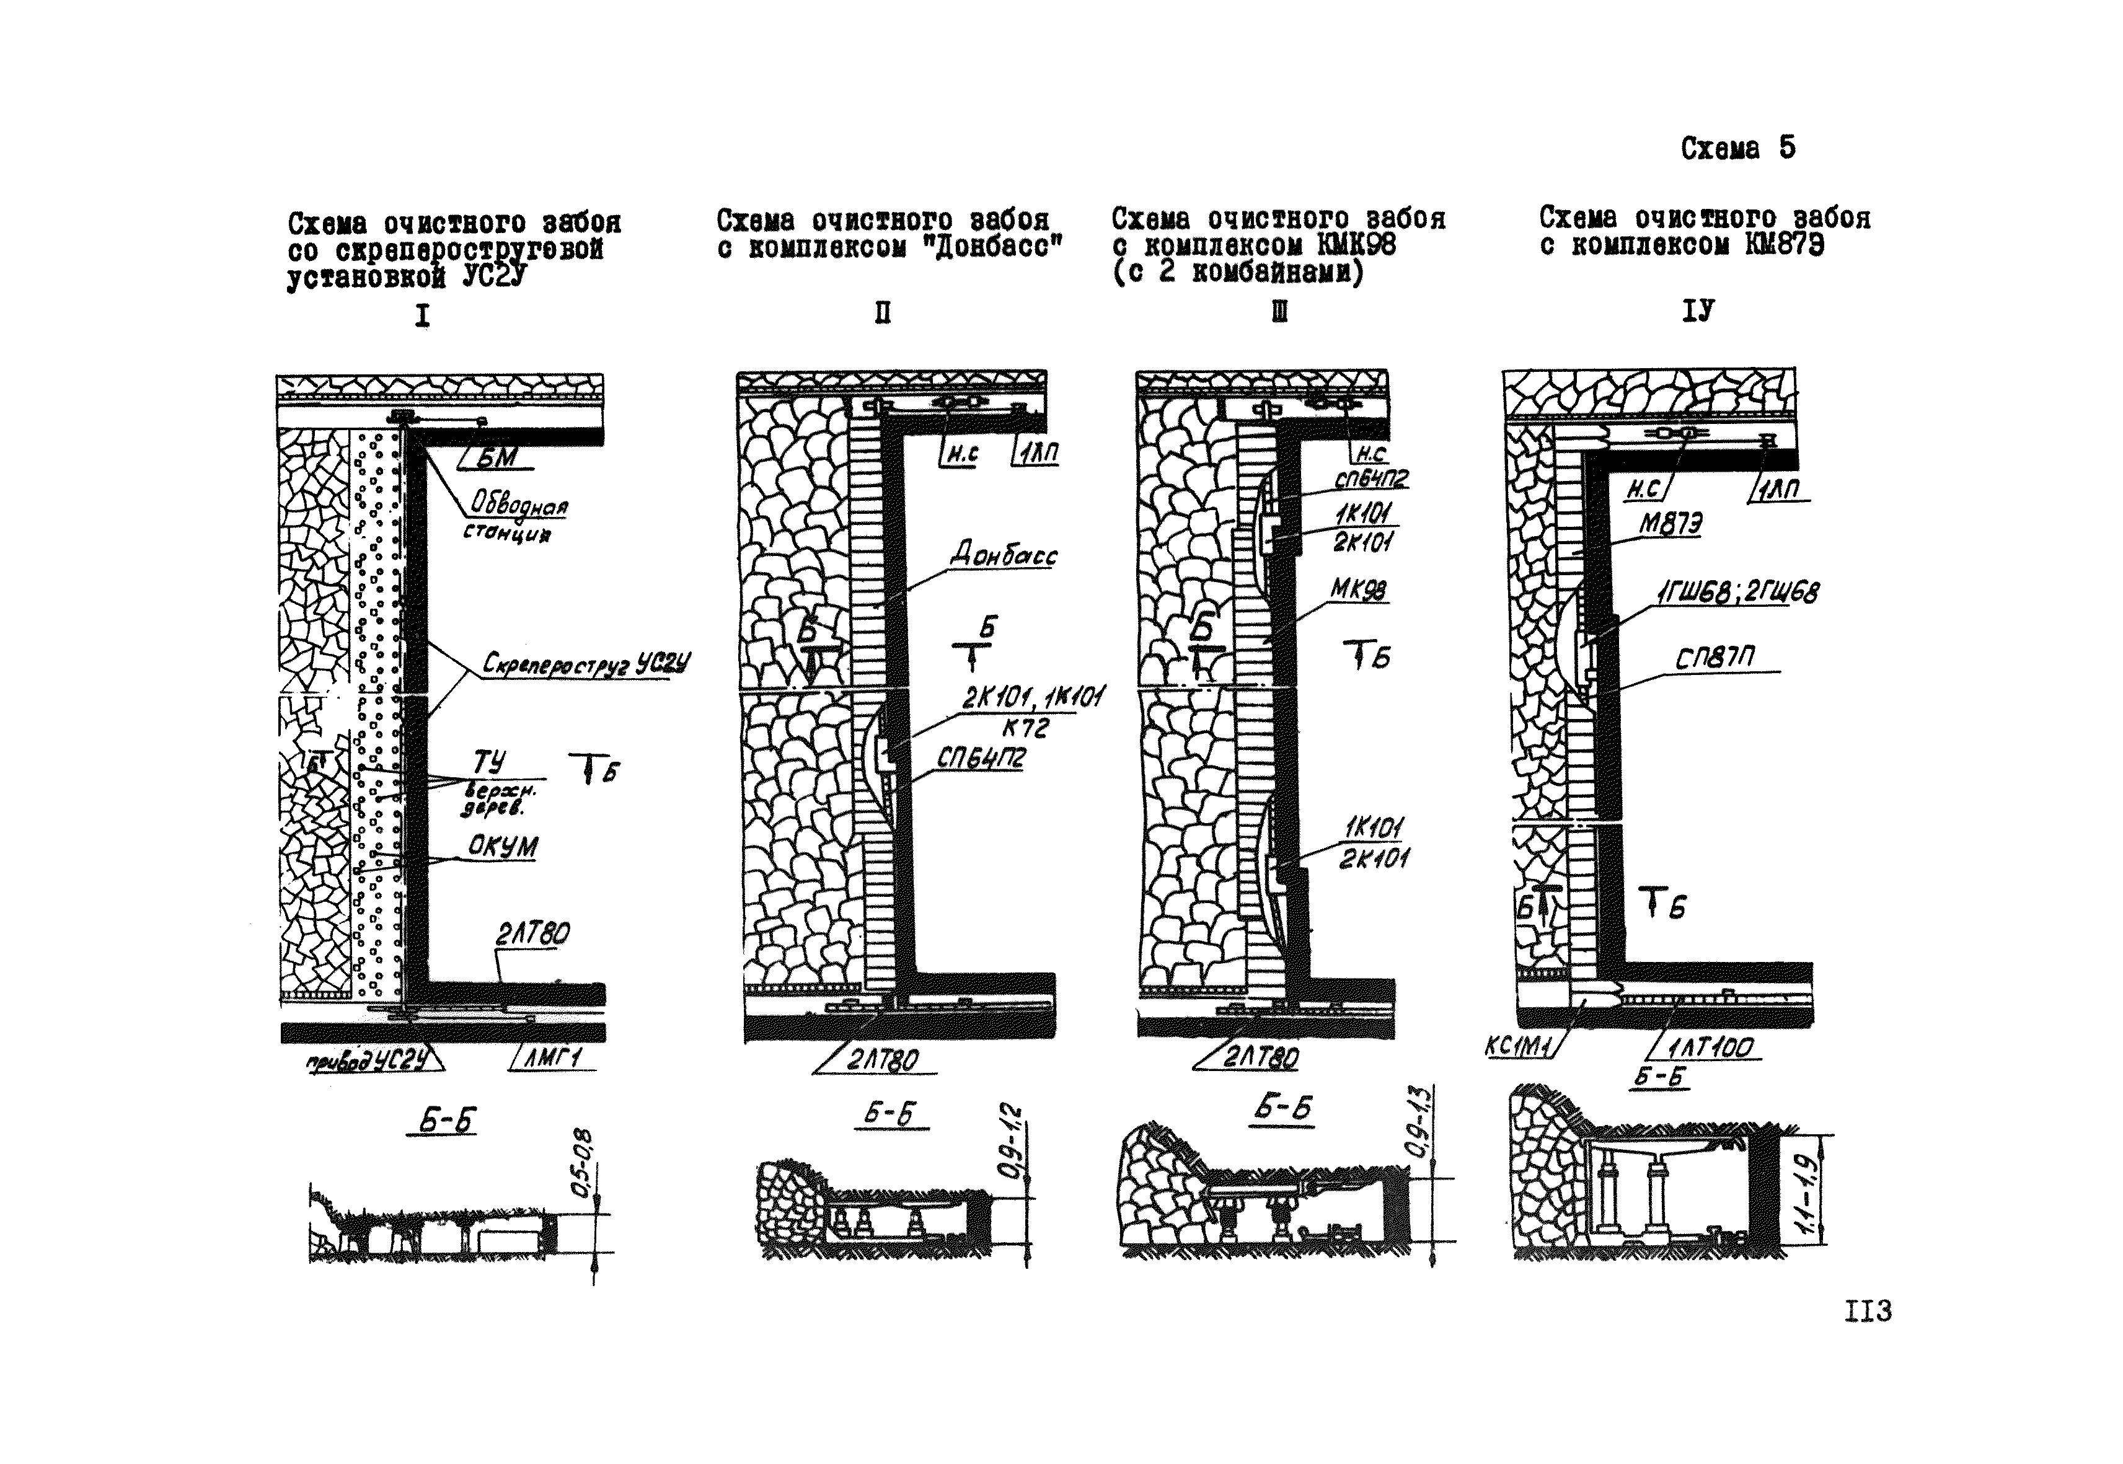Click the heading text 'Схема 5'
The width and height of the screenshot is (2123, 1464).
[x=1737, y=149]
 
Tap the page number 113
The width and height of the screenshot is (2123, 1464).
[x=1867, y=1312]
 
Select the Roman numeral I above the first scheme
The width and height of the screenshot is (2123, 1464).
[x=422, y=317]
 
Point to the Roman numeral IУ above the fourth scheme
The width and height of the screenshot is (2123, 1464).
[x=1697, y=312]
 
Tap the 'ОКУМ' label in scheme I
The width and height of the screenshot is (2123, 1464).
[x=503, y=846]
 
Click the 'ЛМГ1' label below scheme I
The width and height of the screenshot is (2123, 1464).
[x=554, y=1059]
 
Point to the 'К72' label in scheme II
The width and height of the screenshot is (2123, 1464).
[x=1025, y=728]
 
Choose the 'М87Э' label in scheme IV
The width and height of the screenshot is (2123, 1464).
[x=1670, y=524]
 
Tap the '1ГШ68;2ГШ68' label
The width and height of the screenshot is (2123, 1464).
[x=1737, y=593]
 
